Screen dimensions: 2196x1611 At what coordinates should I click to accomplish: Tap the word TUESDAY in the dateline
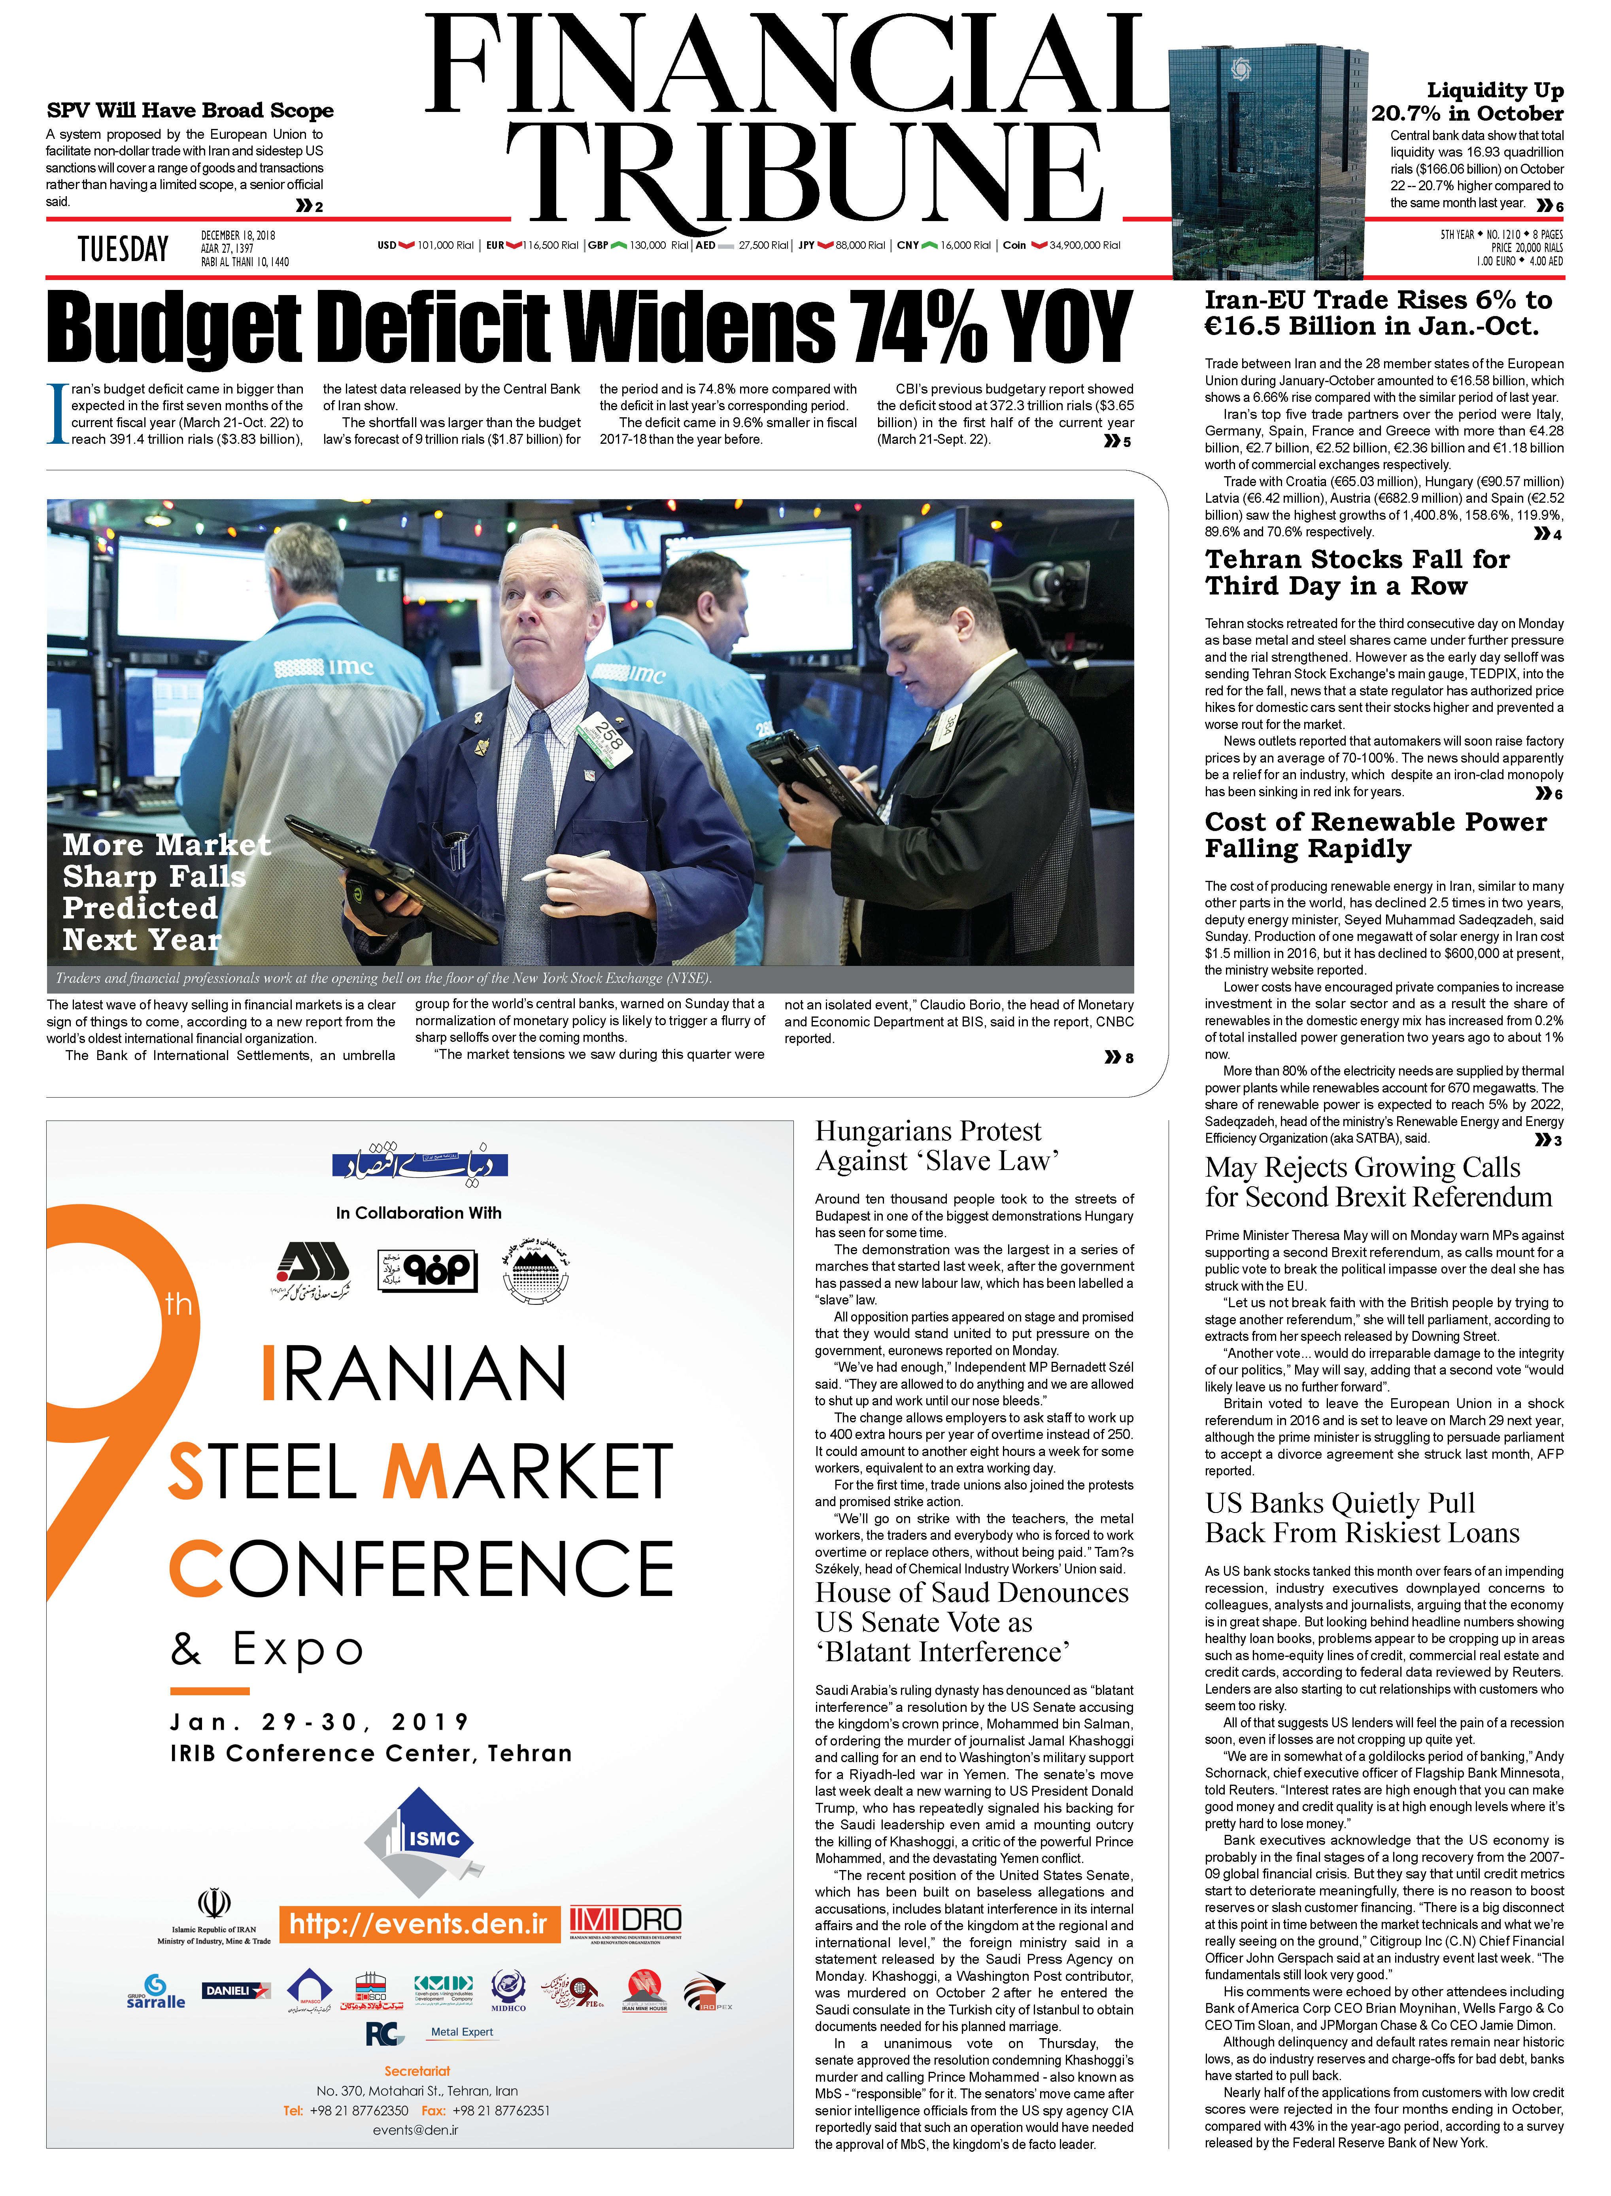pyautogui.click(x=123, y=250)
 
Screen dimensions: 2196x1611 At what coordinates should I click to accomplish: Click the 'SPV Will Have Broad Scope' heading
pyautogui.click(x=190, y=110)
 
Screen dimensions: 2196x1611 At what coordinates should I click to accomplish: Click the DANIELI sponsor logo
pyautogui.click(x=235, y=1990)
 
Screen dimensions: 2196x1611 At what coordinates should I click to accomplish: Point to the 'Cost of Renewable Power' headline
pyautogui.click(x=1375, y=835)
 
